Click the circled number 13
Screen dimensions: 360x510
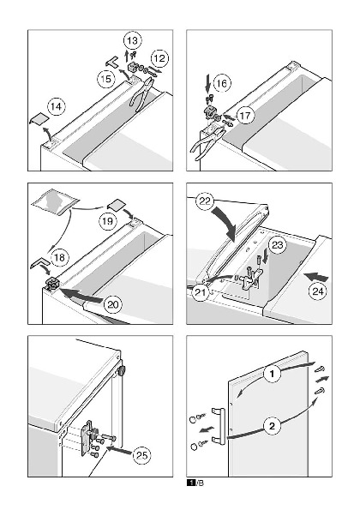132,41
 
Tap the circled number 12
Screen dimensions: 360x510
159,58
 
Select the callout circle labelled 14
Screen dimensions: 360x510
57,107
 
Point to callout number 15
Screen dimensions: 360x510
106,79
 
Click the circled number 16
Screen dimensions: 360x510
221,84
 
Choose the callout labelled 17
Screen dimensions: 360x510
245,116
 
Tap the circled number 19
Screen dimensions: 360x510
108,221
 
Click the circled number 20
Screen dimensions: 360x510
113,305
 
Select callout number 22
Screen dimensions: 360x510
205,201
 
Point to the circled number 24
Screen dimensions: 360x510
317,291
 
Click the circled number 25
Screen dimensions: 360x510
142,455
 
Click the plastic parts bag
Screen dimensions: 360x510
56,204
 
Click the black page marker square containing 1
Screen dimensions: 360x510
191,483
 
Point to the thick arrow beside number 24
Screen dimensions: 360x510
315,277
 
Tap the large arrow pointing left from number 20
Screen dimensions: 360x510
81,295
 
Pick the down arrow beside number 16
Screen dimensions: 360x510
207,84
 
